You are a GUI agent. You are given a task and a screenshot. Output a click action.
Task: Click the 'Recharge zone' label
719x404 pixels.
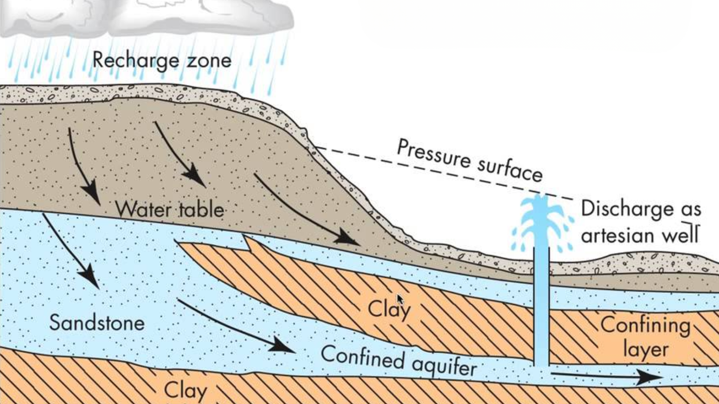(x=162, y=61)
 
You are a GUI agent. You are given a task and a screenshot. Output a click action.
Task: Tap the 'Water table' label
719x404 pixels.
(x=169, y=210)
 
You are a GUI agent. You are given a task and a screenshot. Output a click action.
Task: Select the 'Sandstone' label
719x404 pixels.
(x=97, y=323)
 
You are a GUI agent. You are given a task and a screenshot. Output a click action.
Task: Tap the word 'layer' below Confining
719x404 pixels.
(x=646, y=350)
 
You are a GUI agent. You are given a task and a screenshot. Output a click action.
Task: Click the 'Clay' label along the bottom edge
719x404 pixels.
(x=185, y=391)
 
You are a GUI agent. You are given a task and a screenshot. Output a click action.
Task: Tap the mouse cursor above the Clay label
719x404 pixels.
(x=400, y=299)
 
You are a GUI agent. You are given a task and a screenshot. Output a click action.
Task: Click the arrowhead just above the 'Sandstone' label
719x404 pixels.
(x=90, y=277)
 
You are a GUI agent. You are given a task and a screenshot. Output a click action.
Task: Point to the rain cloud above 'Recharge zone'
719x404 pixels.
(x=150, y=17)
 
